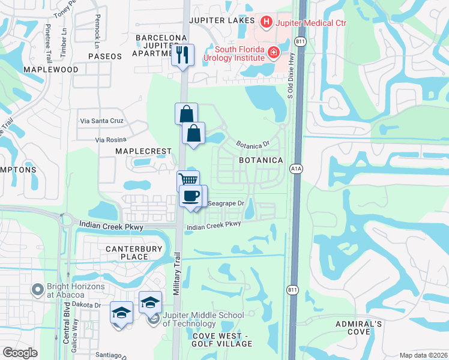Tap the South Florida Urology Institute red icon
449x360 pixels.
(273, 53)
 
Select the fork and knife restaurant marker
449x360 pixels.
(182, 55)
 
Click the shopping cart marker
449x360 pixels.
(188, 179)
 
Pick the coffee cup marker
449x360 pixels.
(191, 196)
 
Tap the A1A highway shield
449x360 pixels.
(296, 169)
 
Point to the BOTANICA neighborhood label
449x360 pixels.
(261, 160)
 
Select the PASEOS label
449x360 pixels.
(105, 56)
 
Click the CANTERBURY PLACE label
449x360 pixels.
(126, 253)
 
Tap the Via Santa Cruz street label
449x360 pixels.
(101, 121)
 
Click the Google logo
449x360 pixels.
(20, 353)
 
